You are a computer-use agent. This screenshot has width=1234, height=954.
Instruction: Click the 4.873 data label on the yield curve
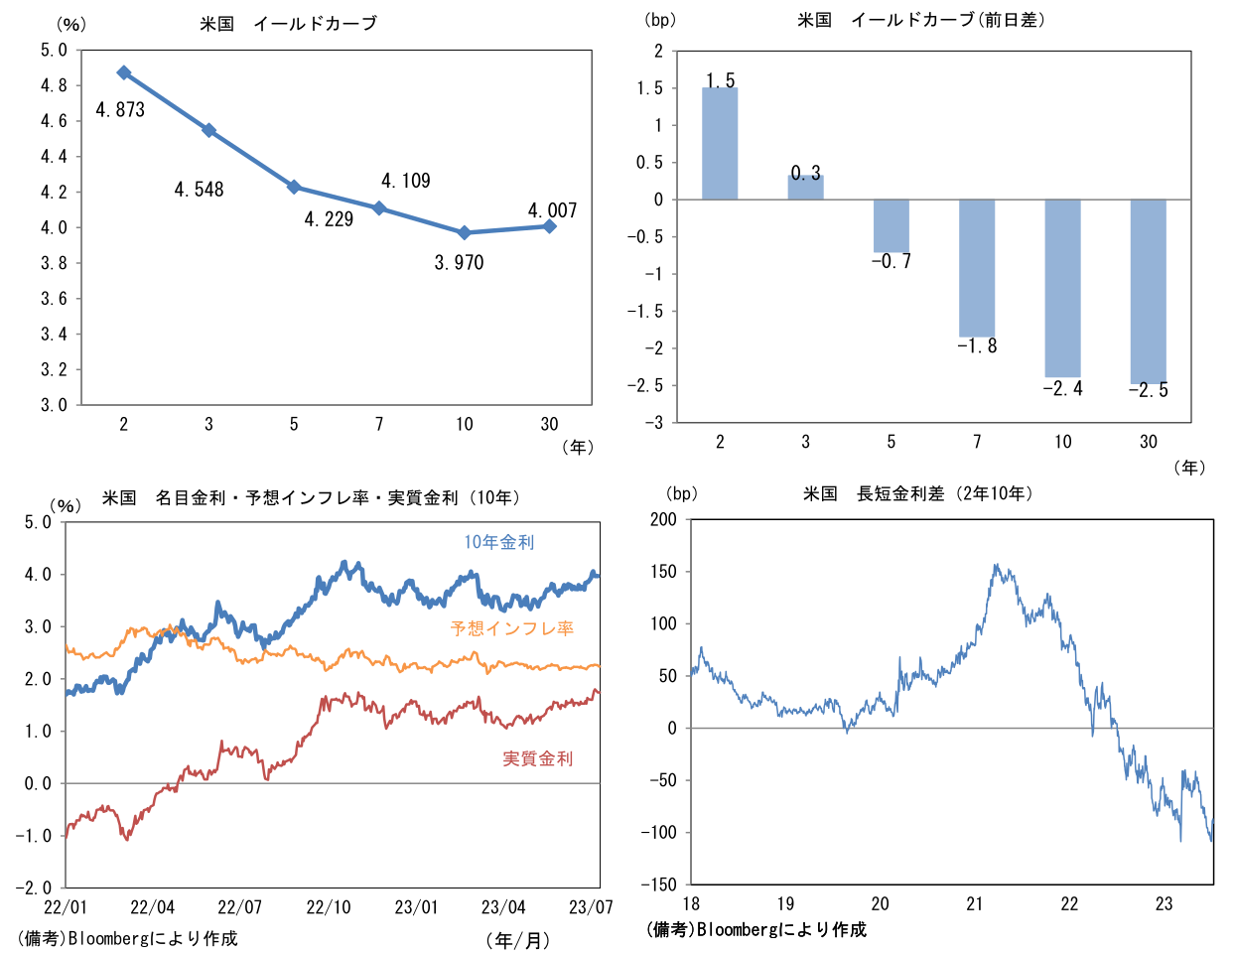pos(120,110)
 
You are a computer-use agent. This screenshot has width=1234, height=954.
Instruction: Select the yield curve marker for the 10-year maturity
pos(465,232)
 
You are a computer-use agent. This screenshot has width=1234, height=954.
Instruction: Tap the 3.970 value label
pos(459,263)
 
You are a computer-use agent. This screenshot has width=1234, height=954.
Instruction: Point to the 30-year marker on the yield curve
pos(550,226)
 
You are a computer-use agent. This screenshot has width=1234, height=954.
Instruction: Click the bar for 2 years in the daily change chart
pos(720,144)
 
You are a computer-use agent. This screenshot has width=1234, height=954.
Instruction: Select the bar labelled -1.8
pos(977,268)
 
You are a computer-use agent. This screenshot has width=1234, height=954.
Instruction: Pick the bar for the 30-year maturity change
pos(1149,291)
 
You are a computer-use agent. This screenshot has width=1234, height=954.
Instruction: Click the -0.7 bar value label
pos(891,262)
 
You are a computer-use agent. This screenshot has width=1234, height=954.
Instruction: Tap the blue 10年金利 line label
pos(499,542)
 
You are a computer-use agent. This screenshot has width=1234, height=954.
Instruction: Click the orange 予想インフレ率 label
pos(512,628)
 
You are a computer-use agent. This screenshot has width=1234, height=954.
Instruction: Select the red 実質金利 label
pos(538,758)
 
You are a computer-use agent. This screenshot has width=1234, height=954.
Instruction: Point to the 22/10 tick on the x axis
pos(329,907)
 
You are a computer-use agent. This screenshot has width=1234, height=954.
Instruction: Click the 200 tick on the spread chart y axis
pos(662,519)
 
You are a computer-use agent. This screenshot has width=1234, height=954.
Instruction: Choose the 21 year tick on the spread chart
pos(975,903)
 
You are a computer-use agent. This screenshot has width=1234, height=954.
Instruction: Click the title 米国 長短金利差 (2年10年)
pos(918,493)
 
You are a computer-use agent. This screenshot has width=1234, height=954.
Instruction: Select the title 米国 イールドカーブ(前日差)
pos(921,20)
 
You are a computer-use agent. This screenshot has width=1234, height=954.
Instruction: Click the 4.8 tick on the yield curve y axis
pos(54,85)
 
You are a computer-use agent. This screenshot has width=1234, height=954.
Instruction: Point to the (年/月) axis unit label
pos(517,939)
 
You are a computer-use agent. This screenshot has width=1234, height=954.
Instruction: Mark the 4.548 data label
pos(199,190)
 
